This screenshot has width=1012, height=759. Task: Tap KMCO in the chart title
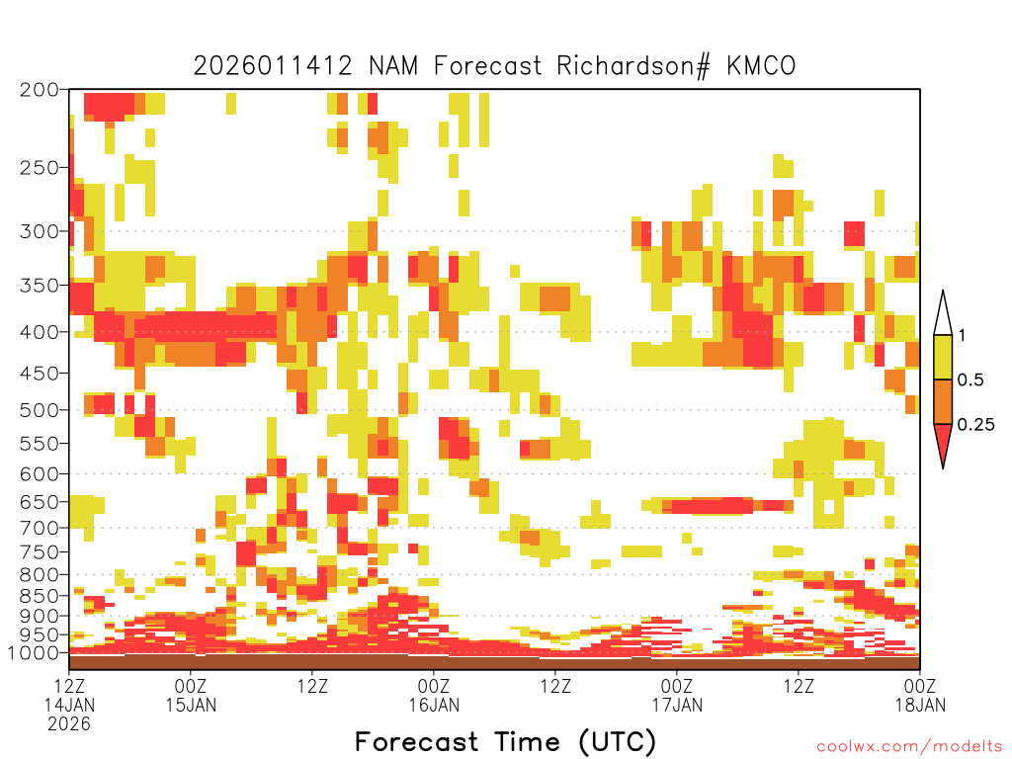(x=762, y=66)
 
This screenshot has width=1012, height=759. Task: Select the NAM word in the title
(x=393, y=66)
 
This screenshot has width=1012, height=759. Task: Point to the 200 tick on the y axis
(x=40, y=90)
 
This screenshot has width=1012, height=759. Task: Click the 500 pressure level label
(x=40, y=410)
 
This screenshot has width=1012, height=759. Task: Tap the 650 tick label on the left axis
(x=40, y=501)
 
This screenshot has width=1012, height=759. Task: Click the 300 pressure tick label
(x=40, y=231)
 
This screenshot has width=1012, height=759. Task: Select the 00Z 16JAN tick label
(x=434, y=695)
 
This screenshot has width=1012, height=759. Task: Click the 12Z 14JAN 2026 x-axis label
(x=69, y=705)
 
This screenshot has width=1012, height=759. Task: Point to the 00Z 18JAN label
(x=920, y=695)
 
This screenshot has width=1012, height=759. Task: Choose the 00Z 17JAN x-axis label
(x=677, y=695)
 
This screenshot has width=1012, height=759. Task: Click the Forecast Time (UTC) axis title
(x=505, y=742)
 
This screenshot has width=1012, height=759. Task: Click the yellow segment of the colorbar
(x=943, y=357)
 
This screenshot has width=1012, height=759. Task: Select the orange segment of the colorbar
(x=943, y=401)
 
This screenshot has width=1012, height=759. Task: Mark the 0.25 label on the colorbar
(x=975, y=425)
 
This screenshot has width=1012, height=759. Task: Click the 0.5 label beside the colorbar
(x=970, y=380)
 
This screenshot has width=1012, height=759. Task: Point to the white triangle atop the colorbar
(x=943, y=313)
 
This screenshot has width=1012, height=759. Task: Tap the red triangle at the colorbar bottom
(x=943, y=443)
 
